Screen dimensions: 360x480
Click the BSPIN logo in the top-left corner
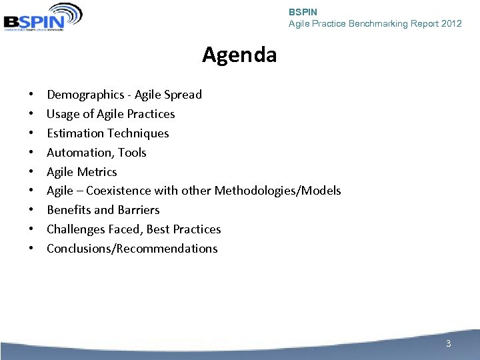[x=43, y=17]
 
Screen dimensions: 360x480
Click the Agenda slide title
[x=239, y=55]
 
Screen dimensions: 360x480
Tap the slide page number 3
[x=448, y=343]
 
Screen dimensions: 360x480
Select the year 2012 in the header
[x=451, y=23]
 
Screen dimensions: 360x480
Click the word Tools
[x=132, y=153]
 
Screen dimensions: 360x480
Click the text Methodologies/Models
[x=277, y=191]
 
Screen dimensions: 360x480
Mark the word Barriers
[x=138, y=210]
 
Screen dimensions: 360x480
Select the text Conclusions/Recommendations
[x=132, y=249]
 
